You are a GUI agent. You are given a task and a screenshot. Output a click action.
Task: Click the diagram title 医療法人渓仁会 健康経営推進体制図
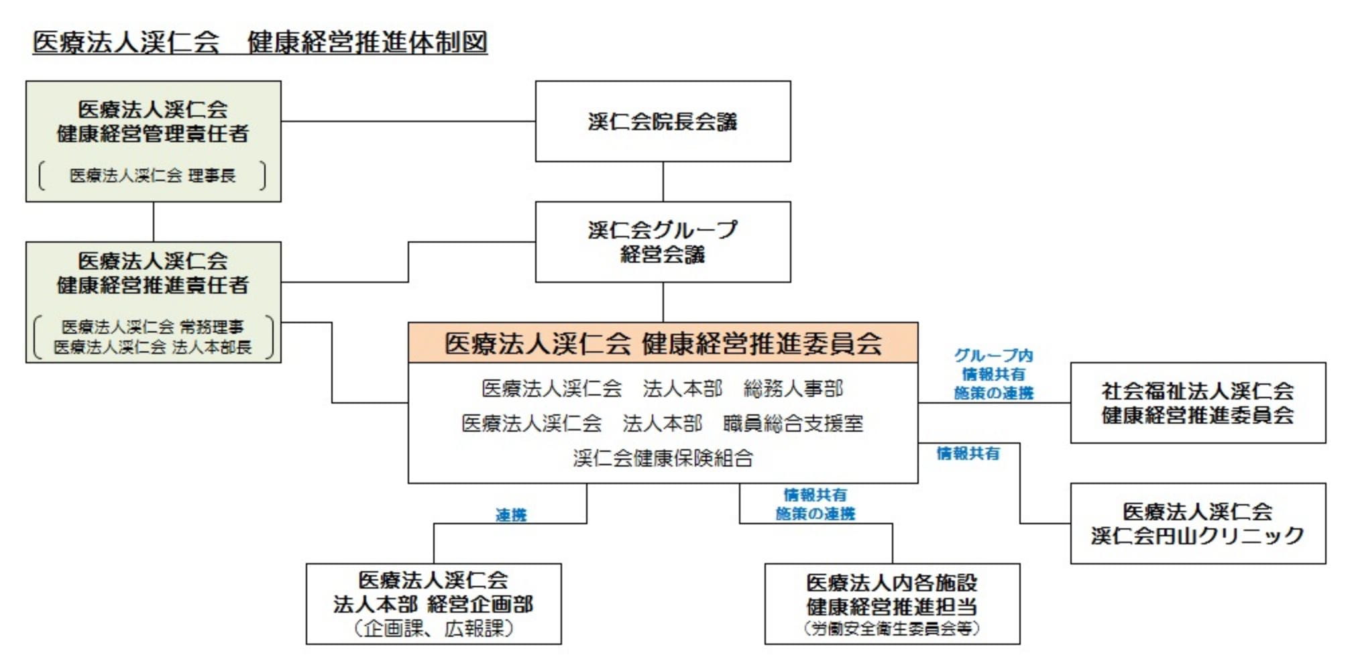260,42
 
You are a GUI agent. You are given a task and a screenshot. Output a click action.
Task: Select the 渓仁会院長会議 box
663,121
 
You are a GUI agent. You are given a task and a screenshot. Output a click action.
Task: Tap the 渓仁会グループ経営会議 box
663,242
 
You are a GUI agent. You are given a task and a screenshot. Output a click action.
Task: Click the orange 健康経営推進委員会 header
663,343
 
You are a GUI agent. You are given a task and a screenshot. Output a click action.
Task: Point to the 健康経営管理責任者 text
153,133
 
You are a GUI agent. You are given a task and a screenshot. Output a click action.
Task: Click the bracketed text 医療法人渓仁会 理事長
153,176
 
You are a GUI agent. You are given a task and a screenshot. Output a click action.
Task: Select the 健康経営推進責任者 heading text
153,285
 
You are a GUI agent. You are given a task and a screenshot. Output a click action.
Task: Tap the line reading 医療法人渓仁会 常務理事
153,326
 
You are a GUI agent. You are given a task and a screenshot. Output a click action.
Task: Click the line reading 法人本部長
153,347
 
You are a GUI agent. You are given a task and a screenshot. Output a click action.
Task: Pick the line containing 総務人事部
663,388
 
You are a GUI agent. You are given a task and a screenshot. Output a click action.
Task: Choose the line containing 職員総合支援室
663,423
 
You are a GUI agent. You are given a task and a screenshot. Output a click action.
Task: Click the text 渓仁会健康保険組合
663,458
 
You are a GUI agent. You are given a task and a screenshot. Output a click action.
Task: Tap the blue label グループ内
993,355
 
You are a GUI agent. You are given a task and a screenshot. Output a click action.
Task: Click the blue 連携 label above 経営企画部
511,515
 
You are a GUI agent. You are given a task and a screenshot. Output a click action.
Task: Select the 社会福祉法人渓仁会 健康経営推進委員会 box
1198,403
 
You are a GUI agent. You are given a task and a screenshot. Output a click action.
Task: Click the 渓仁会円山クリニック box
1198,524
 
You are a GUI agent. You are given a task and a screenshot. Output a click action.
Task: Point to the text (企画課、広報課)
433,628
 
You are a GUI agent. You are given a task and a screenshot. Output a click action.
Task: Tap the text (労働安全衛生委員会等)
892,628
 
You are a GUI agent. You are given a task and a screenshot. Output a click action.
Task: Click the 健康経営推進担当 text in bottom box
892,607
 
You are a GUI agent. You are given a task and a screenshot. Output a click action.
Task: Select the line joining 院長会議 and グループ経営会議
663,182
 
